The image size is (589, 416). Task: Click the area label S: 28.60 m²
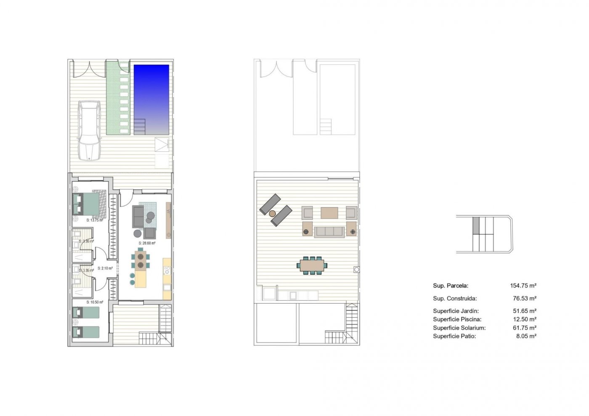147,243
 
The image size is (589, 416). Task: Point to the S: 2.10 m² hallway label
105,268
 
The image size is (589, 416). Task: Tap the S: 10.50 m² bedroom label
95,302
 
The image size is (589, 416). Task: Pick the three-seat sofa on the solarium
329,231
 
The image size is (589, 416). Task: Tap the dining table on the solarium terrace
312,265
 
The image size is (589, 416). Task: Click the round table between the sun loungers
273,214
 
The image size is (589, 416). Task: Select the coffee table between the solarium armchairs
329,213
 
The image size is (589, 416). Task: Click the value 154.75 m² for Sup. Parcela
523,286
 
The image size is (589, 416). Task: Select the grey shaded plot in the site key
476,225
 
